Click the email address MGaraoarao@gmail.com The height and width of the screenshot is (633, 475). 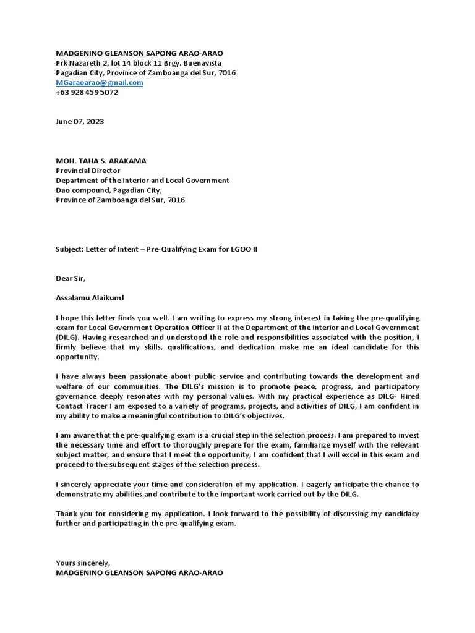[100, 82]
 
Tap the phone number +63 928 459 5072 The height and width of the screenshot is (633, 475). [87, 92]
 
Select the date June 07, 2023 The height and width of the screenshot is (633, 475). [80, 121]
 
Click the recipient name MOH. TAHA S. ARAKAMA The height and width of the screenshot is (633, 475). [101, 161]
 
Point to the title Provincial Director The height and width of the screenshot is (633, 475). [88, 171]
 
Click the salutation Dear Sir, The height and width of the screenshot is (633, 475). [71, 278]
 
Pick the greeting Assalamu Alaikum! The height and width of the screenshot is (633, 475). [90, 297]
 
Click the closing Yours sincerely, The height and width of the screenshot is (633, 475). [83, 563]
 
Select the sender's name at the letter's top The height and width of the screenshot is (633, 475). [139, 53]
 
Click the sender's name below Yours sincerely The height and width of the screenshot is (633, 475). [139, 572]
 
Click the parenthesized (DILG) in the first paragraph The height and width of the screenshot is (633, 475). [68, 338]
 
